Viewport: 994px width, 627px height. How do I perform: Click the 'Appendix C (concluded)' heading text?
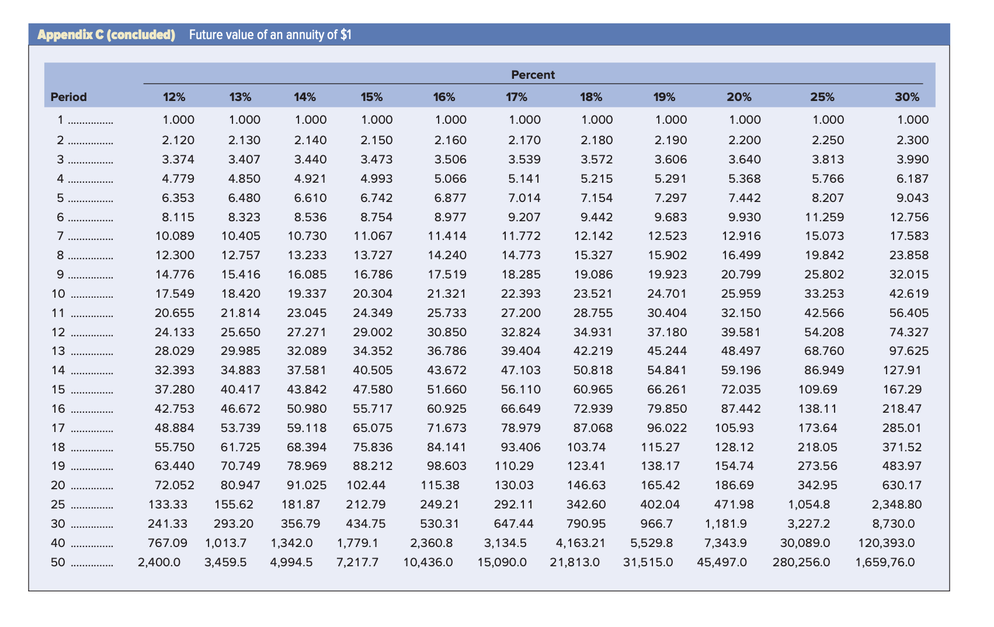point(106,34)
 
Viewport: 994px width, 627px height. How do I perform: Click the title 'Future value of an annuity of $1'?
point(270,35)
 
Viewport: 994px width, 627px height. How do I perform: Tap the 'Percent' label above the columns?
point(533,75)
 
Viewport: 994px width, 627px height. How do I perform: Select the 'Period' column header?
point(68,97)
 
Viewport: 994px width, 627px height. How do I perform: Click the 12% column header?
point(174,97)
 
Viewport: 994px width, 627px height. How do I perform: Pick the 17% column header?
point(516,97)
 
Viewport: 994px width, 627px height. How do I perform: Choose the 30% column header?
point(907,97)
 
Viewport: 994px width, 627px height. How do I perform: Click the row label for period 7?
point(60,236)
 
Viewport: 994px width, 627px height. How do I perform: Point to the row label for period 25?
point(58,504)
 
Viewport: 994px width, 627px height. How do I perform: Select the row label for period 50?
point(58,563)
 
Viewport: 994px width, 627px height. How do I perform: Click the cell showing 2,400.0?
point(159,563)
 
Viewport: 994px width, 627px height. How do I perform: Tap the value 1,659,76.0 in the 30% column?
point(885,563)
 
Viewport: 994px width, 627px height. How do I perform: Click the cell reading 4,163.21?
point(580,543)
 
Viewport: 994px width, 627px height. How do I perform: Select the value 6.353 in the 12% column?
point(178,198)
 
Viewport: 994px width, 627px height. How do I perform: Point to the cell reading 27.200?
point(521,313)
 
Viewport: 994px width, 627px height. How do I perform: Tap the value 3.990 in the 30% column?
point(913,159)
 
